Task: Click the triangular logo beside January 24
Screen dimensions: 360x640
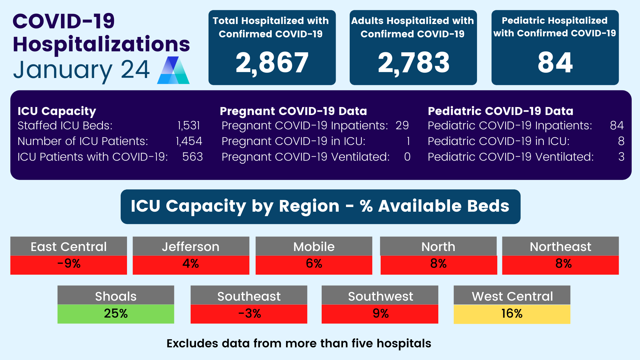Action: pyautogui.click(x=173, y=70)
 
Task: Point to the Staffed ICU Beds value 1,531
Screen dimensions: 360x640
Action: pyautogui.click(x=189, y=126)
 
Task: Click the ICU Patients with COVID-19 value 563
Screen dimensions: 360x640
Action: pyautogui.click(x=192, y=157)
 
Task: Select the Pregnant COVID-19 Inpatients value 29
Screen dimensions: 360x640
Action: pyautogui.click(x=402, y=126)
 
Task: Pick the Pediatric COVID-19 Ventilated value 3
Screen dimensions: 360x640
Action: pyautogui.click(x=621, y=157)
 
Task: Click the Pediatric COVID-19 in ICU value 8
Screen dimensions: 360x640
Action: pyautogui.click(x=621, y=141)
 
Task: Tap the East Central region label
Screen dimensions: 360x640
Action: pyautogui.click(x=69, y=247)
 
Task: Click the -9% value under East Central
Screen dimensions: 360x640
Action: pyautogui.click(x=69, y=264)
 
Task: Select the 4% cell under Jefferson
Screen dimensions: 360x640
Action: pyautogui.click(x=191, y=264)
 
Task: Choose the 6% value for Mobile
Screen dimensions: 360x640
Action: pyautogui.click(x=314, y=264)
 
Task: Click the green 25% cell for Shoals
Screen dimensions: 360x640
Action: pyautogui.click(x=116, y=314)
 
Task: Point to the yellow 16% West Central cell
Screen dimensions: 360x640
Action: pyautogui.click(x=512, y=314)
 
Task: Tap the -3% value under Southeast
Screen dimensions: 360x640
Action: pyautogui.click(x=249, y=314)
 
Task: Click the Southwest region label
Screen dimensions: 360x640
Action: pyautogui.click(x=380, y=296)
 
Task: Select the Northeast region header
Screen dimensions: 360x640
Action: pyautogui.click(x=560, y=247)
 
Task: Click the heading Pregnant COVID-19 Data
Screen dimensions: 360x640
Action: pyautogui.click(x=293, y=111)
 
